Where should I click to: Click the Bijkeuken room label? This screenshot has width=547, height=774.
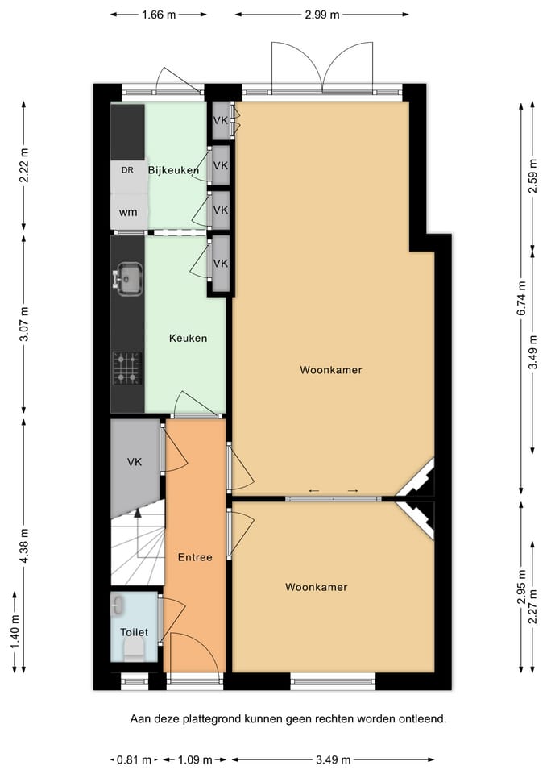[174, 170]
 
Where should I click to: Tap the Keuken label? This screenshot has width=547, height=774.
[188, 338]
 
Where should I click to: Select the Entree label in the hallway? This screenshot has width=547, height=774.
[195, 557]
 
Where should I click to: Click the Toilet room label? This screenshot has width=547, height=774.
[135, 632]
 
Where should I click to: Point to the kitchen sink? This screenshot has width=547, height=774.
[128, 280]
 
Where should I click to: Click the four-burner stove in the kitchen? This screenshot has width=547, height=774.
[128, 368]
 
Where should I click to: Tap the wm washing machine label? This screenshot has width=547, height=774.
[128, 213]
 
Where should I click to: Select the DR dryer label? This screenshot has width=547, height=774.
[127, 170]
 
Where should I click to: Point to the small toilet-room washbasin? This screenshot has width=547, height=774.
[118, 605]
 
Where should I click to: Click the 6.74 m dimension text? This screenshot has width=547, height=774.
[521, 298]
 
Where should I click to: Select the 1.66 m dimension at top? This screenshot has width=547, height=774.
[159, 15]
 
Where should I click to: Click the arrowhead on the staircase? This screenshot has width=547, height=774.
[138, 513]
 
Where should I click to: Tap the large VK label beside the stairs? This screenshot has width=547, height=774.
[135, 462]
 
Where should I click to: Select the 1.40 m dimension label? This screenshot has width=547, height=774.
[15, 632]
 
